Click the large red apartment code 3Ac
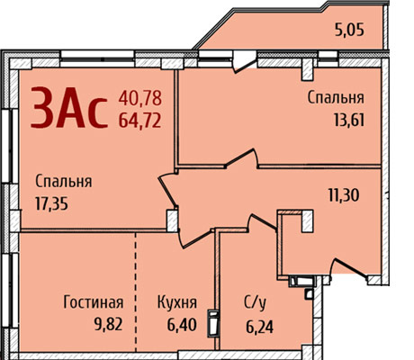pyautogui.click(x=69, y=107)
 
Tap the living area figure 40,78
pyautogui.click(x=140, y=98)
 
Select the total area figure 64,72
pyautogui.click(x=140, y=121)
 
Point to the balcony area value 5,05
pyautogui.click(x=349, y=30)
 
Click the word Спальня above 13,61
pyautogui.click(x=336, y=98)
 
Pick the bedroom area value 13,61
pyautogui.click(x=349, y=121)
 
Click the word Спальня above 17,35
pyautogui.click(x=64, y=182)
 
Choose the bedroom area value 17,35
pyautogui.click(x=51, y=204)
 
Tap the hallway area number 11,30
pyautogui.click(x=344, y=195)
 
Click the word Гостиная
pyautogui.click(x=94, y=302)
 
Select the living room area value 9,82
pyautogui.click(x=108, y=325)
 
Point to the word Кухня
pyautogui.click(x=177, y=302)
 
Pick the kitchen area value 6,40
pyautogui.click(x=182, y=325)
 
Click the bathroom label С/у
pyautogui.click(x=255, y=303)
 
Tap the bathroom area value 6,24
pyautogui.click(x=260, y=327)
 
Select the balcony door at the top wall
pyautogui.click(x=245, y=62)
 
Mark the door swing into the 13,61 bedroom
pyautogui.click(x=242, y=158)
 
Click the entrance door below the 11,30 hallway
pyautogui.click(x=348, y=269)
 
